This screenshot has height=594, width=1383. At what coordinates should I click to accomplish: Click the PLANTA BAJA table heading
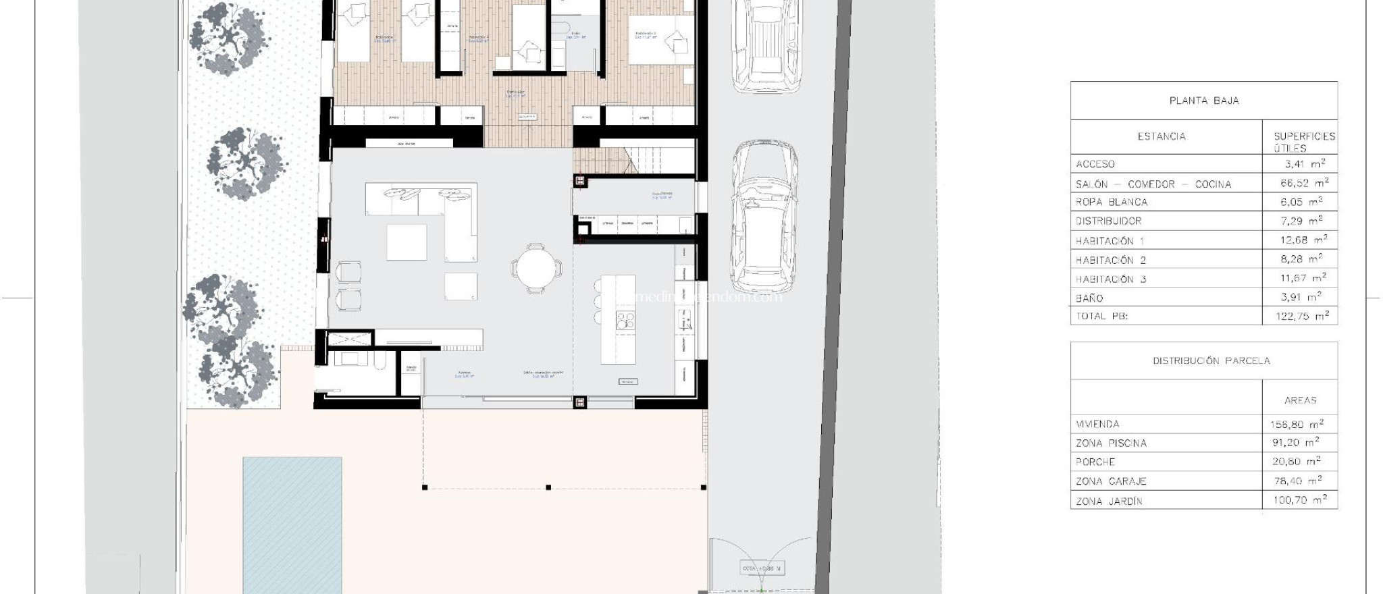coord(1203,101)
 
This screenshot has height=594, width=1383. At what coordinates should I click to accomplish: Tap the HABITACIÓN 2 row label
coord(1111,260)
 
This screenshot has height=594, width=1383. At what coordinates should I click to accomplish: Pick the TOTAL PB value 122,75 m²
coord(1302,316)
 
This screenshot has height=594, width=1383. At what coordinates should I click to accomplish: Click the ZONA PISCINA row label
coord(1111,443)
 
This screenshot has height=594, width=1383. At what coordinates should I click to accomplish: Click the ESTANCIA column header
coord(1162,136)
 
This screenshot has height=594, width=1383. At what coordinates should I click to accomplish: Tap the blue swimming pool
coord(292,523)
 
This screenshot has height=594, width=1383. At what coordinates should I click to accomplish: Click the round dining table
coord(537,268)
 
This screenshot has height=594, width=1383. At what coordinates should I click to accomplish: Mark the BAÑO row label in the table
coord(1089,298)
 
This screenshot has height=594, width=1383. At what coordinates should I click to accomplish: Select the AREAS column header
coord(1300,400)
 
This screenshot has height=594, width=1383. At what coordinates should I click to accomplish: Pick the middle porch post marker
coord(548,487)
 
